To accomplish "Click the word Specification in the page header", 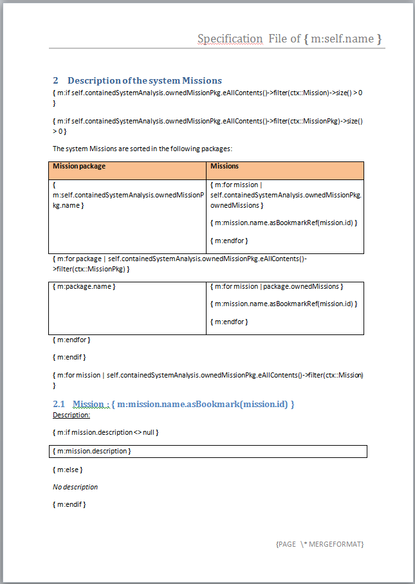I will click(x=230, y=39).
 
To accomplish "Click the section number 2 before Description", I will click(x=56, y=80).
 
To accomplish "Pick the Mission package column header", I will click(x=79, y=166).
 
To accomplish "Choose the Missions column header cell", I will click(x=225, y=166).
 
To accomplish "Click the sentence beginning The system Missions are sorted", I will click(x=142, y=149).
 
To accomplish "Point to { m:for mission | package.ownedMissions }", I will click(x=277, y=286).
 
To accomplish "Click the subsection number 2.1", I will click(x=59, y=404).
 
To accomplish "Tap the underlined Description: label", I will click(x=71, y=415).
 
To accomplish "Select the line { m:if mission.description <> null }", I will click(x=106, y=432).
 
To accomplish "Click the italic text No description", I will click(x=75, y=487).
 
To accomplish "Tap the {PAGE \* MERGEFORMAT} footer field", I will click(x=320, y=544).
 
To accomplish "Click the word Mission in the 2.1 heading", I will click(x=88, y=404).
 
